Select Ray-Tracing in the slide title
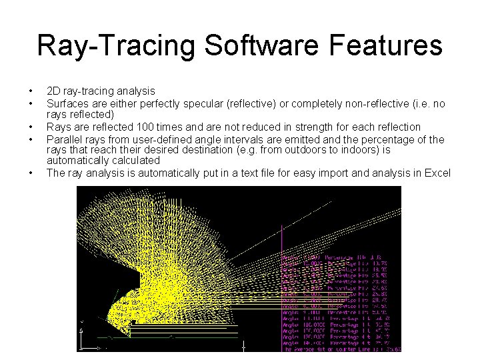point(115,45)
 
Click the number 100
point(145,127)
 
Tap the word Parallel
point(63,139)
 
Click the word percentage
point(398,139)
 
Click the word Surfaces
point(67,104)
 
